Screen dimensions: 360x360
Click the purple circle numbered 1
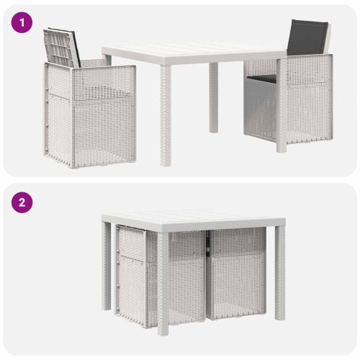click(22, 23)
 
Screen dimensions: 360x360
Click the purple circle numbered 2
click(22, 202)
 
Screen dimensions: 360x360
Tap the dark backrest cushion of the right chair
click(307, 37)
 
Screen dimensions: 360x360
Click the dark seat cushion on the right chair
click(262, 78)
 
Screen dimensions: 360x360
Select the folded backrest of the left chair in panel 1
click(62, 48)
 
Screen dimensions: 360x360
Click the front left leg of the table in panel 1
click(166, 115)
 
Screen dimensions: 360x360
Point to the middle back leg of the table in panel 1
click(214, 97)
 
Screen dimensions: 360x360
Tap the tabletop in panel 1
click(194, 53)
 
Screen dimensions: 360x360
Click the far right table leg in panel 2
click(280, 273)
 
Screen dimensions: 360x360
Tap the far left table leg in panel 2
click(106, 266)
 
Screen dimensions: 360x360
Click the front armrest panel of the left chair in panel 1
click(104, 83)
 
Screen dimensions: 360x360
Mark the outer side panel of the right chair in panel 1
click(310, 99)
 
